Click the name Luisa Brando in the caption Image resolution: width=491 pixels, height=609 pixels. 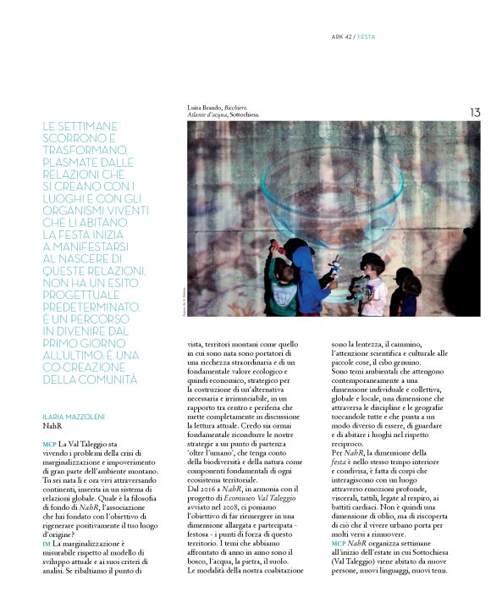[206, 107]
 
